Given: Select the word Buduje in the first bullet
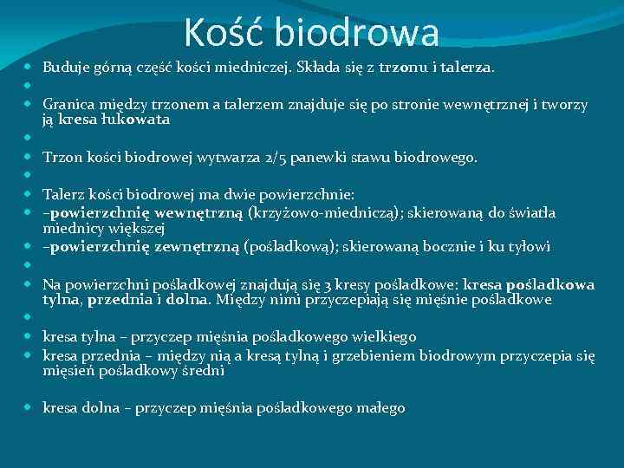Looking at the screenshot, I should coord(65,66).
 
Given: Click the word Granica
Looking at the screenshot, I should coord(68,105).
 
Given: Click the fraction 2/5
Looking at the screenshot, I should coord(241,158).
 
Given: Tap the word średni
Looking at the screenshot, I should coord(203,371).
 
